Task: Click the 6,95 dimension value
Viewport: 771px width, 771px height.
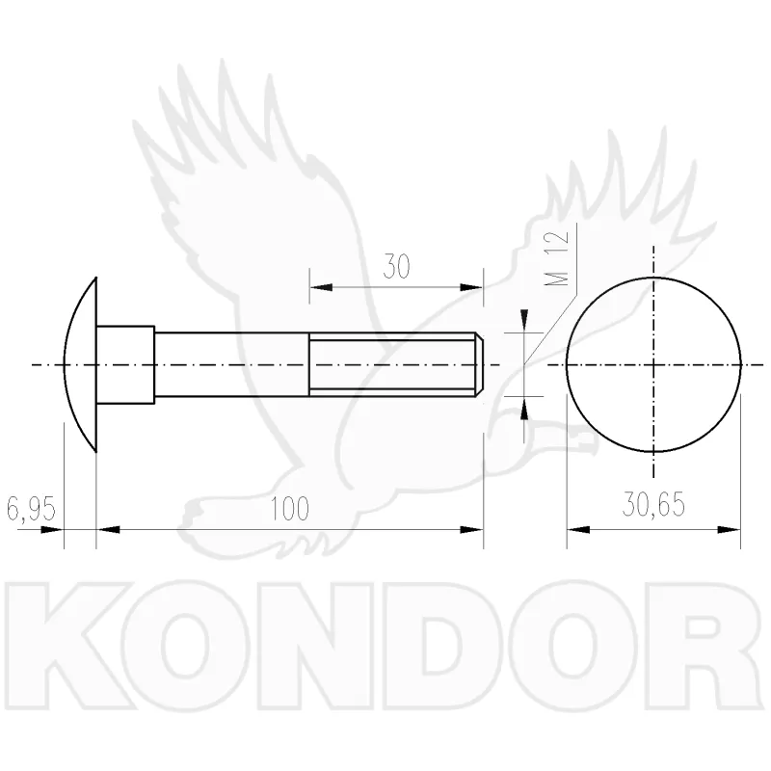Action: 31,509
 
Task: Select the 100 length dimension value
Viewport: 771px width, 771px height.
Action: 290,509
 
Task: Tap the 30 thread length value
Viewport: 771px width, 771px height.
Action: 396,267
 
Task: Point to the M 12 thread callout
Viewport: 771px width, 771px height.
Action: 557,258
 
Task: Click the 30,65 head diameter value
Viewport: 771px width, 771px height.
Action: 653,504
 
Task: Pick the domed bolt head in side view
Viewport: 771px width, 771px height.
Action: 80,365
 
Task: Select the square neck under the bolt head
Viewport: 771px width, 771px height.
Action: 125,365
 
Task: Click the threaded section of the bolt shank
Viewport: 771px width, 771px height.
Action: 392,365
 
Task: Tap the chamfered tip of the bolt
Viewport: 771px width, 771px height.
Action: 479,365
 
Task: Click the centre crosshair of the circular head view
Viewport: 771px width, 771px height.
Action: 653,365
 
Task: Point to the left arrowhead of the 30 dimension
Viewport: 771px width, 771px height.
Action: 321,287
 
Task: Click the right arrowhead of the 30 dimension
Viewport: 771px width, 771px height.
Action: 471,287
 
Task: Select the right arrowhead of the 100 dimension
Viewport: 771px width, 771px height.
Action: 471,529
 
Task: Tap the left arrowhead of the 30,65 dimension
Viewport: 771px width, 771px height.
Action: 578,529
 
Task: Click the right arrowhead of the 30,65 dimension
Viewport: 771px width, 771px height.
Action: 729,529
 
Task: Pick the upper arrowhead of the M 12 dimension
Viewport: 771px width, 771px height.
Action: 524,321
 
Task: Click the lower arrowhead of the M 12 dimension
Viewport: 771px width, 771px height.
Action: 524,408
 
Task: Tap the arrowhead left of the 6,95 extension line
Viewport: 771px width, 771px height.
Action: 52,529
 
